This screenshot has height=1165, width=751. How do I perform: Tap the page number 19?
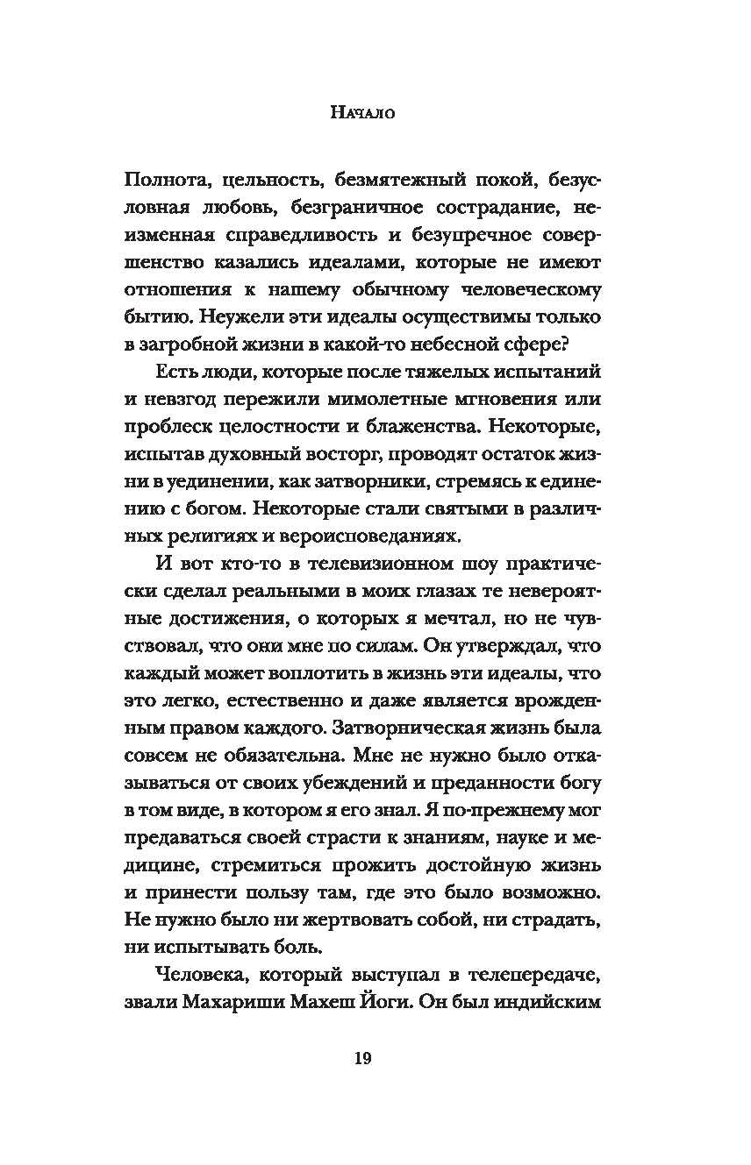tap(363, 1059)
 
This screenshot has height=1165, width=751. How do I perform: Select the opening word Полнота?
tap(170, 181)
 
